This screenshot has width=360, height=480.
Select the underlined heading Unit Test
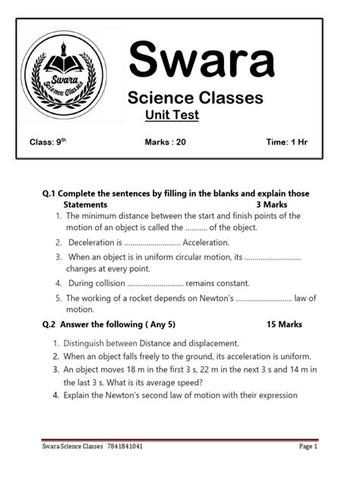(x=172, y=115)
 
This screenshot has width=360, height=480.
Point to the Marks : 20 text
(x=165, y=142)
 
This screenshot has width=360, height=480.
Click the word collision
(x=109, y=283)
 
